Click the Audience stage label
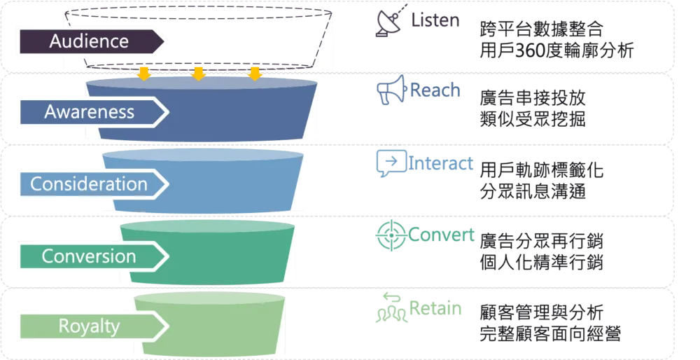point(90,41)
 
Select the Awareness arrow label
point(90,111)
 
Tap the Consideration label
point(89,184)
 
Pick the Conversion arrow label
point(89,256)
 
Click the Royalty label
point(90,326)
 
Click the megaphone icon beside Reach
point(392,90)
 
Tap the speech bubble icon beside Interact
point(391,163)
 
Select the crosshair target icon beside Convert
point(391,235)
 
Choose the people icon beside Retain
point(391,307)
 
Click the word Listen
point(435,20)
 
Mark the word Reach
point(435,90)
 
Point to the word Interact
point(440,163)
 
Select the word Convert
point(441,235)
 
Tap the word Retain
point(435,308)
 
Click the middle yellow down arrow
point(198,74)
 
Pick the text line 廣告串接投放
point(533,98)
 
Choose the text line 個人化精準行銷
point(542,262)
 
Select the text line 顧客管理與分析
point(542,312)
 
